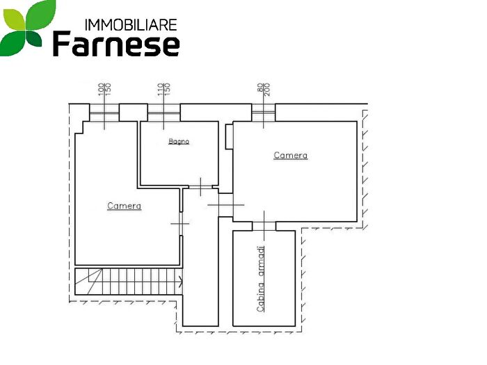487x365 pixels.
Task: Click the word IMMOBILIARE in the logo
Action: [x=131, y=25]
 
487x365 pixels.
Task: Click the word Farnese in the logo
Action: [x=116, y=44]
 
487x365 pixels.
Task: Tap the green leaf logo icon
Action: [x=27, y=29]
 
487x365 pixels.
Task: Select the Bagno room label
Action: [x=179, y=142]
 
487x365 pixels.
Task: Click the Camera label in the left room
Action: [x=125, y=206]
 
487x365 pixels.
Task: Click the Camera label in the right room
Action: [x=290, y=156]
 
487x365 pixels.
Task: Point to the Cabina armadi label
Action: [x=261, y=279]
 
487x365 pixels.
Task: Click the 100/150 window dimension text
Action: [x=104, y=90]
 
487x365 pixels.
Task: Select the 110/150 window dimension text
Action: [x=163, y=90]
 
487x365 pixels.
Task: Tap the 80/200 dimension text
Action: [x=264, y=90]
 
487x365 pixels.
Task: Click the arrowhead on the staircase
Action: [x=180, y=282]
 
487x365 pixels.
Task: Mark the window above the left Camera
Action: [x=104, y=113]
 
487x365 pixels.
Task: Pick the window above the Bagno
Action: [x=163, y=113]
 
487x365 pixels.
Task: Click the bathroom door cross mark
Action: [x=200, y=187]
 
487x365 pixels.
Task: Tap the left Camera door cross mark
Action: [x=180, y=223]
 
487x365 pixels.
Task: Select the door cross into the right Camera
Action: [x=226, y=205]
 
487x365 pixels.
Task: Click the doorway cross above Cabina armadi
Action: [x=264, y=226]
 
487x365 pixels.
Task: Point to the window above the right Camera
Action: [x=264, y=113]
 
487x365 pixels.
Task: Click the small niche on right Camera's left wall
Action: [x=229, y=136]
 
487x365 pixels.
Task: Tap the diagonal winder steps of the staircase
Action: [x=89, y=281]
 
